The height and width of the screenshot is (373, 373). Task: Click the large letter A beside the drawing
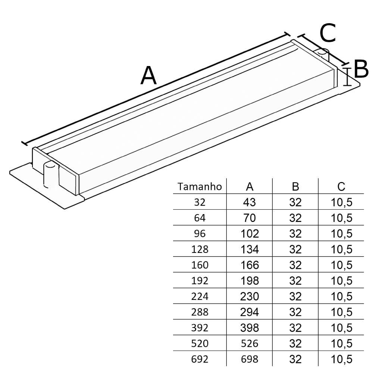click(x=148, y=76)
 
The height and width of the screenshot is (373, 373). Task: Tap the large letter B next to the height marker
click(x=361, y=69)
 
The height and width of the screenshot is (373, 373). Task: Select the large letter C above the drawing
click(x=328, y=33)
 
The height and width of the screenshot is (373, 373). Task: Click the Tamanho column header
click(x=201, y=186)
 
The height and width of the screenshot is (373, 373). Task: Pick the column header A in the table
click(x=250, y=186)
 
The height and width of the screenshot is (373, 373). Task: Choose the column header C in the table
click(x=341, y=186)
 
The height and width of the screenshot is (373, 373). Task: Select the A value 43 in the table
click(x=250, y=203)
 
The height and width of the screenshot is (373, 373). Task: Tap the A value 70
click(x=250, y=218)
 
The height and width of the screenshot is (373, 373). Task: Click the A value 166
click(x=250, y=265)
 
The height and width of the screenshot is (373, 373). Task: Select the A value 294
click(x=250, y=312)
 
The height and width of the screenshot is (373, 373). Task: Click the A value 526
click(x=250, y=344)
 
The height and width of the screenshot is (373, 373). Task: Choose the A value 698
click(x=250, y=360)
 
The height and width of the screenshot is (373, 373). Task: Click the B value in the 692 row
click(x=295, y=360)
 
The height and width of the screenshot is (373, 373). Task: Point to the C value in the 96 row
click(x=341, y=234)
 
